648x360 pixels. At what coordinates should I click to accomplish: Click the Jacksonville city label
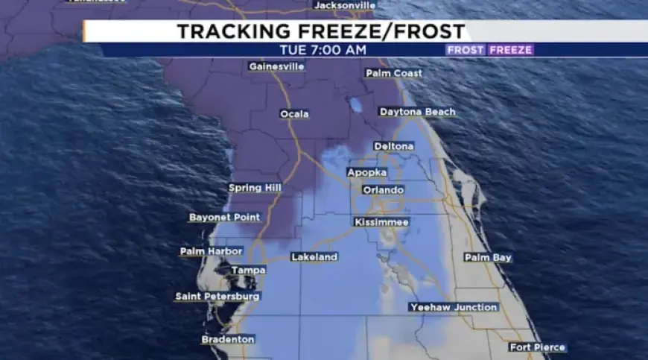coord(345,5)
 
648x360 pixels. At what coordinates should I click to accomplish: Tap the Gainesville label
coord(277,66)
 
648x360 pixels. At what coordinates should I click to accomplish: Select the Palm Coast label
coord(394,73)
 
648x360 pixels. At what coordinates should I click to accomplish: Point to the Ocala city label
coord(294,114)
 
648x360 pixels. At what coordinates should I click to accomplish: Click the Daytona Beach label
coord(417,112)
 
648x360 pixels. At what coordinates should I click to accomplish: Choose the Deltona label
coord(394,146)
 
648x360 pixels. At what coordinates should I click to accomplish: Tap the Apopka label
coord(367,172)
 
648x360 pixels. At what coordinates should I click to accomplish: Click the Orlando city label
coord(383,190)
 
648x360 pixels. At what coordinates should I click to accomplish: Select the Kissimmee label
coord(381,222)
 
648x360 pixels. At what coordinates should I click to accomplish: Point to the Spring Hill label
coord(255,188)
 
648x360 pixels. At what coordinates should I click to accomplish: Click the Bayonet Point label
coord(225,218)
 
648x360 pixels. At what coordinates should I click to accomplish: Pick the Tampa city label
coord(248,270)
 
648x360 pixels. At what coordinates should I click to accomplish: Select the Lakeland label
coord(314,257)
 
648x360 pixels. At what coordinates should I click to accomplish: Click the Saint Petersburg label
coord(217,297)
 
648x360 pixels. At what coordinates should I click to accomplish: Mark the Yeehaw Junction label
coord(454,307)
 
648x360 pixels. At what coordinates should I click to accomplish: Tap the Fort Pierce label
coord(538,347)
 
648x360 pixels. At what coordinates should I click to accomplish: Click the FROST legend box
coord(466,50)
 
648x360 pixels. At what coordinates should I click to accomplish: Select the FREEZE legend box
coord(511,50)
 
